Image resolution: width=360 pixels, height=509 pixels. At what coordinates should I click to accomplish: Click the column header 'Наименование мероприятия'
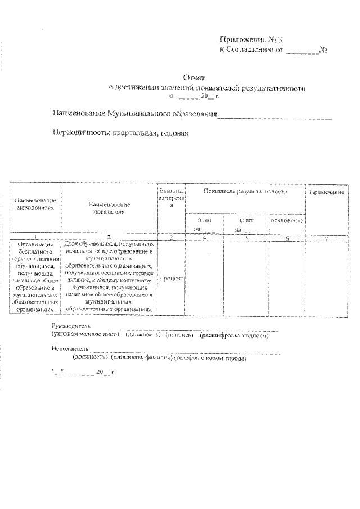pos(35,204)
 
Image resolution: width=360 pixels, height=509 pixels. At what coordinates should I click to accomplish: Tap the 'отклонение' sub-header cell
pos(287,220)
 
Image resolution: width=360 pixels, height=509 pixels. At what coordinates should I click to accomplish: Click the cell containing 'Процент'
pos(172,278)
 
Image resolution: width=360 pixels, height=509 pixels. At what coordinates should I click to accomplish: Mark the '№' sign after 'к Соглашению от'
pos(324,49)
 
